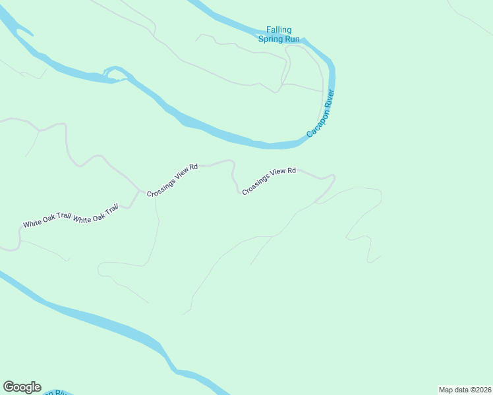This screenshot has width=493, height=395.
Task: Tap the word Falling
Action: click(279, 30)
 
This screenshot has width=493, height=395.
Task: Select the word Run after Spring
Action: click(292, 39)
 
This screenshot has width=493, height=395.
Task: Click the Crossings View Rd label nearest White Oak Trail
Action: click(172, 180)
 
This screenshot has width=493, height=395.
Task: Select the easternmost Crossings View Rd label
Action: click(269, 180)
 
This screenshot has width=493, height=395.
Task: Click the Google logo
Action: click(22, 387)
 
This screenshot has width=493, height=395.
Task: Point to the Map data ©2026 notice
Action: click(465, 390)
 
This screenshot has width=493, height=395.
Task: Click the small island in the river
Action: click(114, 74)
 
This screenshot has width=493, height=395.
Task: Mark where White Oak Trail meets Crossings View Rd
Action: click(139, 192)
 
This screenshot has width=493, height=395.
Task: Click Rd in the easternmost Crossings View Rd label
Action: click(291, 171)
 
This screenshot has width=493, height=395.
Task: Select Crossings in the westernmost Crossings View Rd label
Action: click(158, 187)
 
